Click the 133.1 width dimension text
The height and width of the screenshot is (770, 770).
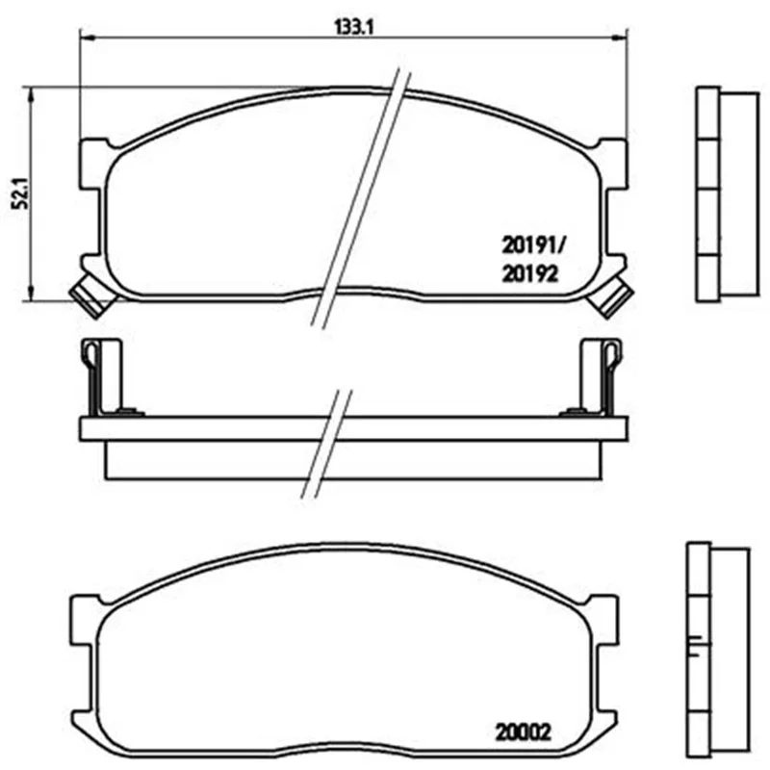tap(354, 27)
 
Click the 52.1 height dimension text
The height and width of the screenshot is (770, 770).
tap(20, 194)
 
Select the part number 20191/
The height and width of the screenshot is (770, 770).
tap(533, 244)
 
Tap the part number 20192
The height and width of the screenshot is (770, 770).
tap(530, 273)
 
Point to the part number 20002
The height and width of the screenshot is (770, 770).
tap(523, 732)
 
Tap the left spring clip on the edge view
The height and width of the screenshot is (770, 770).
tap(101, 377)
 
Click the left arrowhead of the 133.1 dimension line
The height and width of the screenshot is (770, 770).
tap(87, 38)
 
